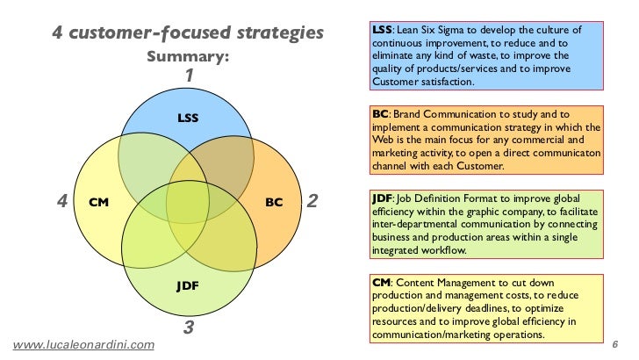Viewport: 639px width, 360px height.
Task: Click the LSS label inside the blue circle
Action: (187, 117)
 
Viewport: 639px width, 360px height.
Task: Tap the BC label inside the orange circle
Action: (274, 202)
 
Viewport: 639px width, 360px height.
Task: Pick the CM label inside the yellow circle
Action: (98, 202)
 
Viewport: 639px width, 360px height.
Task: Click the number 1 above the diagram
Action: (188, 76)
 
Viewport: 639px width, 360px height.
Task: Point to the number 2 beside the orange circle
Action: (313, 202)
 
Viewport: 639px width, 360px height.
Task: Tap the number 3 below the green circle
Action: (187, 330)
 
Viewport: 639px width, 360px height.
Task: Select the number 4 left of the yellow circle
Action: (61, 201)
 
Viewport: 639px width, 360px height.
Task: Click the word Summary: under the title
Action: (187, 57)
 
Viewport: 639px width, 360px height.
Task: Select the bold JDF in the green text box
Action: (383, 198)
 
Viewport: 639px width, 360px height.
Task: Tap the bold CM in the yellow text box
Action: (382, 283)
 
